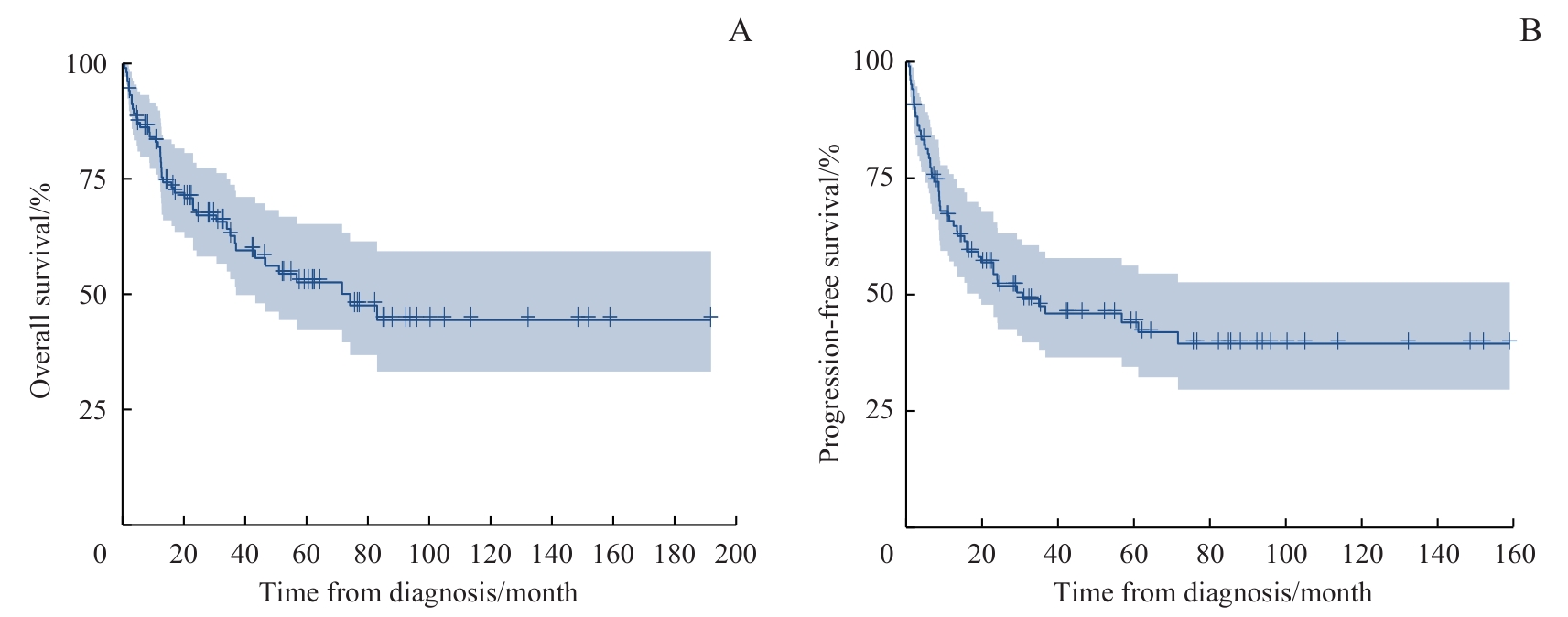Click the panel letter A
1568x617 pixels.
click(x=740, y=32)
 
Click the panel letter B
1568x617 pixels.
click(x=1530, y=32)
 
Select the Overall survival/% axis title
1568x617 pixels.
click(x=39, y=291)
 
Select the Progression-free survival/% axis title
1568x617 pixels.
click(x=829, y=303)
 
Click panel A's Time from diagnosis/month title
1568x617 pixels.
click(x=418, y=592)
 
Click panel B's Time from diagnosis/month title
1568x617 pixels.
click(x=1213, y=592)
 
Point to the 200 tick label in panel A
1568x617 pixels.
click(x=736, y=554)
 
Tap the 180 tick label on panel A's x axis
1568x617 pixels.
click(x=675, y=554)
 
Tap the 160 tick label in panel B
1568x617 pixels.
click(x=1513, y=554)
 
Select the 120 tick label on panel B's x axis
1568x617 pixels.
click(x=1361, y=554)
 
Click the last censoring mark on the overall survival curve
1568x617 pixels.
click(x=710, y=318)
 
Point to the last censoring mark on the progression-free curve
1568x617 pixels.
click(x=1509, y=341)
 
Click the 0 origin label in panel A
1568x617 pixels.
click(x=101, y=554)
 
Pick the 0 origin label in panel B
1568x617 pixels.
click(x=886, y=554)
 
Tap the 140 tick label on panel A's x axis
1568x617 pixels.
click(x=552, y=554)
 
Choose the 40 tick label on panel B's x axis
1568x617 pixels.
click(x=1057, y=554)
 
